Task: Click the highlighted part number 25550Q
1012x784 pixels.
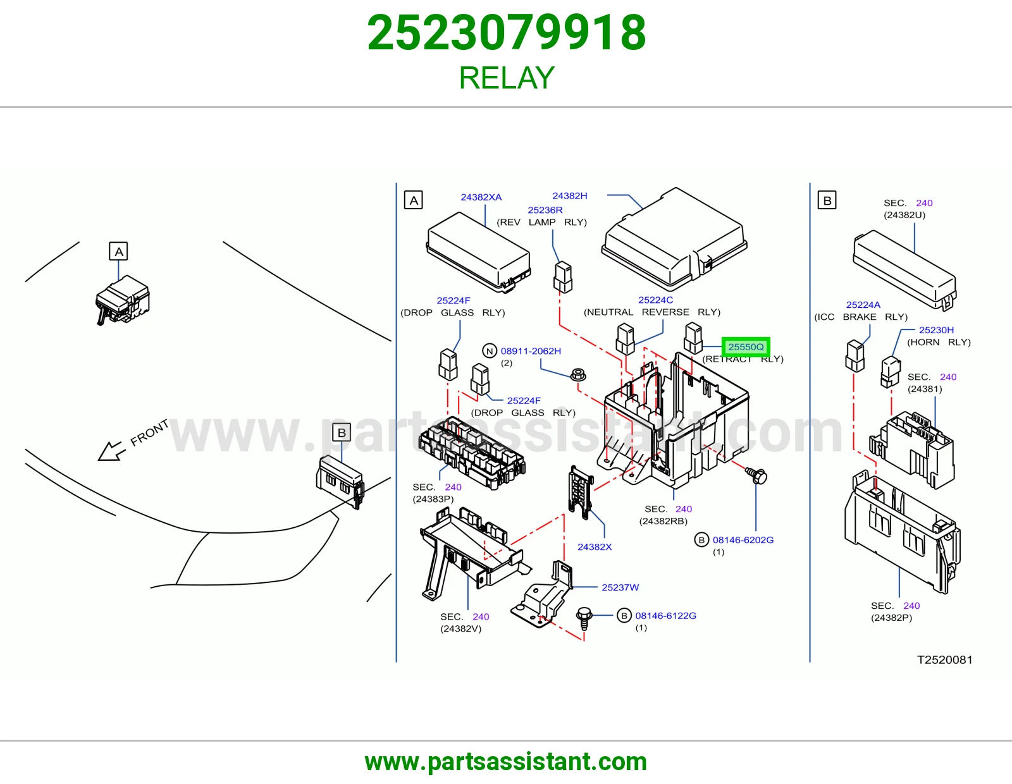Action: tap(746, 347)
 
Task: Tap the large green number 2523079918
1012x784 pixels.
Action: tap(507, 33)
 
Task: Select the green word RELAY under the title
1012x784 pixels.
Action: tap(507, 78)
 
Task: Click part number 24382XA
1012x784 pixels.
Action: tap(481, 197)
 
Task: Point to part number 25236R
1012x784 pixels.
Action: tap(545, 210)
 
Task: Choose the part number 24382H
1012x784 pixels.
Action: tap(570, 196)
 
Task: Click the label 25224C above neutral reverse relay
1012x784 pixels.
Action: tap(655, 300)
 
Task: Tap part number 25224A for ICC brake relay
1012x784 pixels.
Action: tap(863, 305)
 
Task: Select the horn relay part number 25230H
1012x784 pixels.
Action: tap(936, 329)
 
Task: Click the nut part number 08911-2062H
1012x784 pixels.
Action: tap(531, 351)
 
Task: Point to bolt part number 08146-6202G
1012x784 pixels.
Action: tap(743, 539)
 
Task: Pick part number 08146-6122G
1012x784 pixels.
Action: tap(665, 615)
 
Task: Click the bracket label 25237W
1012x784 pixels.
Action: tap(620, 587)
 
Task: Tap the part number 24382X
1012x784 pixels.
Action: tap(595, 547)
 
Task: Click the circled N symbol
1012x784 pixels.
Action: tap(490, 351)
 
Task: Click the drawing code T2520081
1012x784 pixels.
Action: tap(944, 659)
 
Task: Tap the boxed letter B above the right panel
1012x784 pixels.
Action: tap(827, 200)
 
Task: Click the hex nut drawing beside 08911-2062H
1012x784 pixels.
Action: tap(578, 374)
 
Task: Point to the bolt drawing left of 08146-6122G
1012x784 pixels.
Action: tap(584, 618)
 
